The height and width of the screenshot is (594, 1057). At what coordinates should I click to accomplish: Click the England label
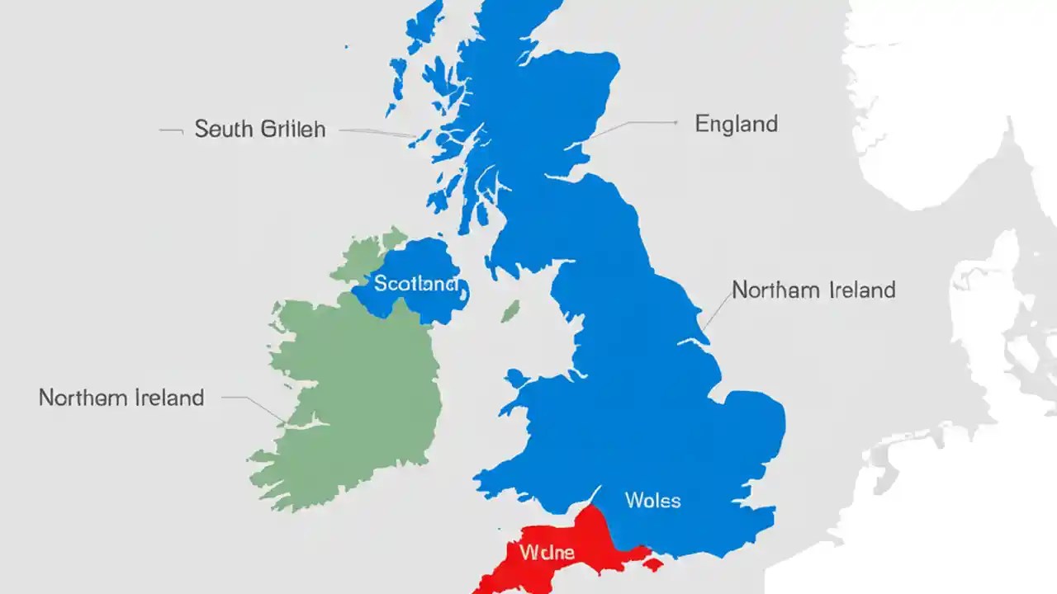(x=736, y=124)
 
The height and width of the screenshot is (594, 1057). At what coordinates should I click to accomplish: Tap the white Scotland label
(x=415, y=284)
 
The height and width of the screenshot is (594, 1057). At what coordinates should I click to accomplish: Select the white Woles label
(x=652, y=499)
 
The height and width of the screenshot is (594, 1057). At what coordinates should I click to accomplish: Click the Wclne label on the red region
(x=547, y=551)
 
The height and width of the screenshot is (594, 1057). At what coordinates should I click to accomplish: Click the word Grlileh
(x=292, y=130)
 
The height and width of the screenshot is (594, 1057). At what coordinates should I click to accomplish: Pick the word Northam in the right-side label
(x=776, y=290)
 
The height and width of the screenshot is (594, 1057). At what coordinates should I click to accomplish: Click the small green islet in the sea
(x=511, y=310)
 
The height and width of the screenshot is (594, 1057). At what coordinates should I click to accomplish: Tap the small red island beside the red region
(x=652, y=564)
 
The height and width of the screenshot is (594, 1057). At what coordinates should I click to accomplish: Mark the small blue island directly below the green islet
(x=516, y=378)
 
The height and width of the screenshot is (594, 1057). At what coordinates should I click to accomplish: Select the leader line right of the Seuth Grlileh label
(x=376, y=132)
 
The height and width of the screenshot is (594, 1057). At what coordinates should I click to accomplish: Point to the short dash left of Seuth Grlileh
(x=170, y=130)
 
